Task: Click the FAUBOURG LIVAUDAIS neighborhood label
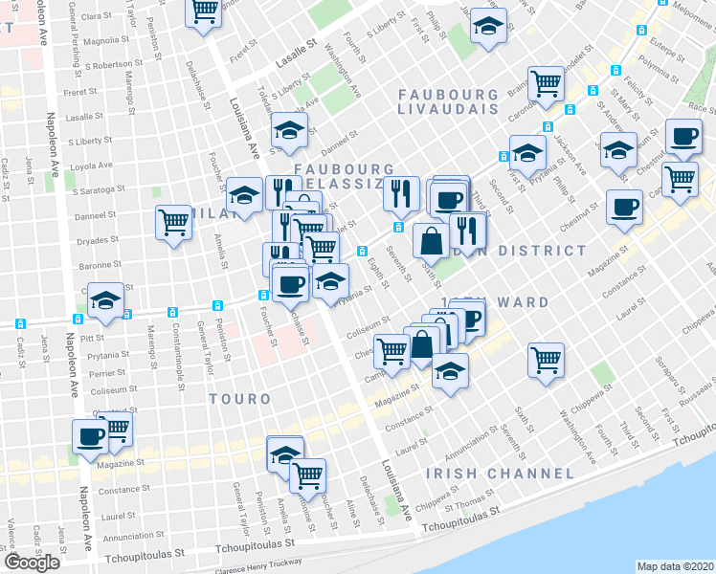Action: (448, 102)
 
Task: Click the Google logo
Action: (32, 563)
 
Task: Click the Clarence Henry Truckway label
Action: (258, 563)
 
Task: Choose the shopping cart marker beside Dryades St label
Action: (174, 222)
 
